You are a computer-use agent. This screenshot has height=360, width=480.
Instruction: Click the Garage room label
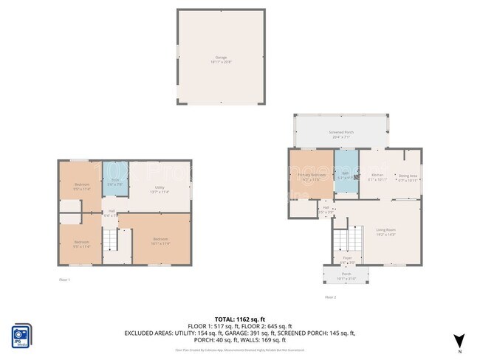coord(221,58)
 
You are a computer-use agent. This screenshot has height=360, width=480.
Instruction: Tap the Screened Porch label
coord(340,134)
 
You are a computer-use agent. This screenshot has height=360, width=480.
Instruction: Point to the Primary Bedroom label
coord(311,176)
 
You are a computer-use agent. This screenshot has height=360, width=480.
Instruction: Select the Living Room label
coord(386,232)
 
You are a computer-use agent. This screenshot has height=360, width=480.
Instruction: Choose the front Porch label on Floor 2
coord(346,276)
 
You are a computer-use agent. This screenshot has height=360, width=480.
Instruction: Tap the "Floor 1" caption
coord(64,280)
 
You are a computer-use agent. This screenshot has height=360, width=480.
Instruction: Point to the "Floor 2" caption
coord(330,297)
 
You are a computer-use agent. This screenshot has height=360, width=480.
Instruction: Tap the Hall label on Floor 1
coord(109,215)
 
